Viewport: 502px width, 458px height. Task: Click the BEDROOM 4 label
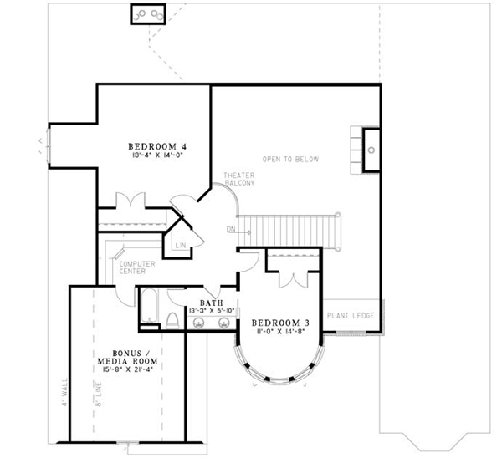point(156,145)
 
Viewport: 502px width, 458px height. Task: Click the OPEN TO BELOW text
point(290,159)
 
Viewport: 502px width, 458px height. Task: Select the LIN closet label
point(180,245)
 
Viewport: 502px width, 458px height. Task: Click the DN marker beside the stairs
point(230,229)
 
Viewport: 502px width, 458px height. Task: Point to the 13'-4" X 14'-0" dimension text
point(156,155)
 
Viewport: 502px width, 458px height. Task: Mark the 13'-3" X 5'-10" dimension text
point(210,313)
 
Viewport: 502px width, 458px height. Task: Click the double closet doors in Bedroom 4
point(131,203)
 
